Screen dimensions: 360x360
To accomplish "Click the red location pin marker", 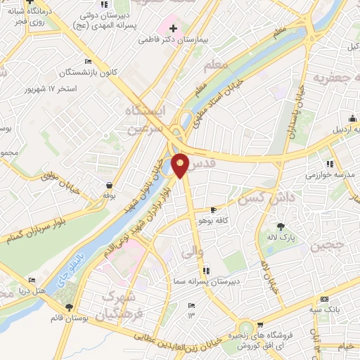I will pos(180,165).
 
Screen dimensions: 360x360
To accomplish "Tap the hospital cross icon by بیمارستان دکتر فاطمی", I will pos(174,28).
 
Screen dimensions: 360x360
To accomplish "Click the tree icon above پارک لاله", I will pos(281,226).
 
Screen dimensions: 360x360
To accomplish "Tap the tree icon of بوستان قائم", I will pos(69,307).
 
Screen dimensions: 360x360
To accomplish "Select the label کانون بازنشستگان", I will pos(67,73).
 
